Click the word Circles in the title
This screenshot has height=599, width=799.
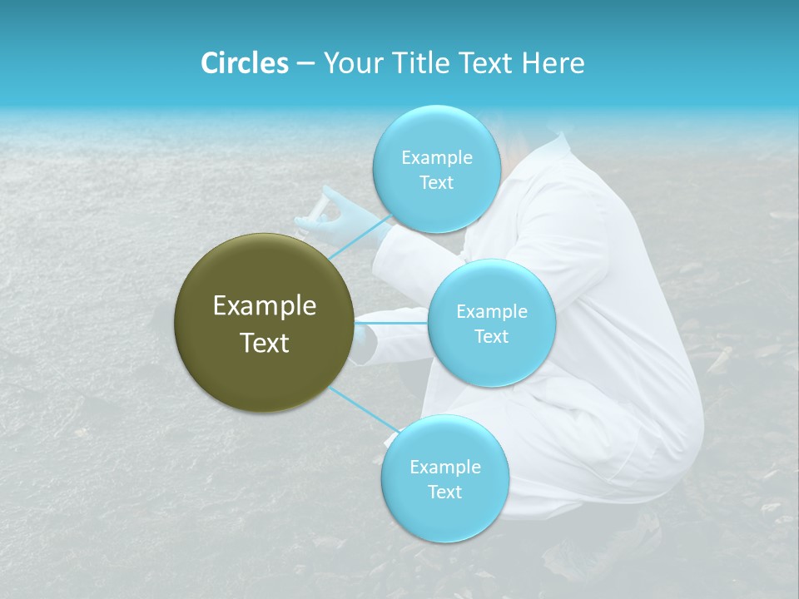[244, 63]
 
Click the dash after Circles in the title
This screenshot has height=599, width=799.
[305, 64]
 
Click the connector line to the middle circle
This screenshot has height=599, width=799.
[391, 322]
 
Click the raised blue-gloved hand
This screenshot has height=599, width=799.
[350, 212]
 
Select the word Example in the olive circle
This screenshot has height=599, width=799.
[265, 306]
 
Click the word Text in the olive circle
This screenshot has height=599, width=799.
[265, 343]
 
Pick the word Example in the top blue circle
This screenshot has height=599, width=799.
[436, 157]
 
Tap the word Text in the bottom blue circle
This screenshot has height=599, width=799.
[444, 492]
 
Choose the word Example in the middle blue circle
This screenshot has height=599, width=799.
[491, 312]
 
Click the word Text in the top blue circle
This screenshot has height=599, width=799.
[436, 182]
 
